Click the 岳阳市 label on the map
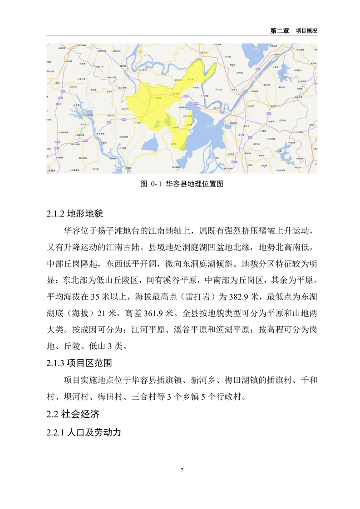tap(233, 123)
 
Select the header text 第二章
tap(279, 31)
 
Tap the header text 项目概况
tap(306, 31)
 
